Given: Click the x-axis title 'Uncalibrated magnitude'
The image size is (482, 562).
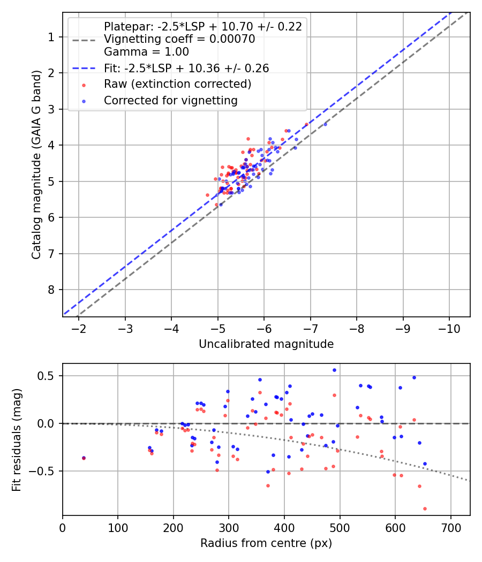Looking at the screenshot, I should tap(266, 344).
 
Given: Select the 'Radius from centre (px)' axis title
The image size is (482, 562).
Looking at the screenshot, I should tap(266, 543).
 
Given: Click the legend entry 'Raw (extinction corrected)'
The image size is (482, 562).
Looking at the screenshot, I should tap(177, 84).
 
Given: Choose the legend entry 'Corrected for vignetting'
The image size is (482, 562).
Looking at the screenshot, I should tap(170, 100).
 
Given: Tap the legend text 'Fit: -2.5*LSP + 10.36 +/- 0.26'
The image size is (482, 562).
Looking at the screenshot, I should tap(186, 68).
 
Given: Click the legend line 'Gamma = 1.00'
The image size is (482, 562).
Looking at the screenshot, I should tap(146, 52).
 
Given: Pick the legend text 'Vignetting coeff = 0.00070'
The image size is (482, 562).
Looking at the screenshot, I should tap(179, 39).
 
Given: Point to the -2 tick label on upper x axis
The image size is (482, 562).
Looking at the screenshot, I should tap(79, 326).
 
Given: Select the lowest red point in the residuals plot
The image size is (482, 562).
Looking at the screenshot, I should tap(425, 508).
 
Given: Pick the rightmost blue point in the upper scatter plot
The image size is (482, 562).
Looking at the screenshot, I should tap(325, 124).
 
